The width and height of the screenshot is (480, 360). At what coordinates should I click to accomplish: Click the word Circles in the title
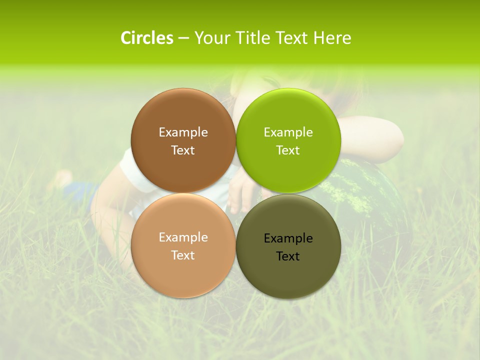pos(146,38)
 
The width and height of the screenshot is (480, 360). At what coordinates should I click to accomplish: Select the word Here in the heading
pos(332,38)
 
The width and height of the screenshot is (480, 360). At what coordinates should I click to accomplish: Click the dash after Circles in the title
pos(183,38)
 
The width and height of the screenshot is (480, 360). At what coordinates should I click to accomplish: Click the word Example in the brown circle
pos(183,132)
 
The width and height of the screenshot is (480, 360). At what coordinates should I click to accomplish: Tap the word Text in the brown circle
pos(183,150)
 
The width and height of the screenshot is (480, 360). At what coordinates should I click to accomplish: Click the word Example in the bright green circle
pos(288,132)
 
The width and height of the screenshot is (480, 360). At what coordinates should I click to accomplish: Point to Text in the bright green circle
pos(288,150)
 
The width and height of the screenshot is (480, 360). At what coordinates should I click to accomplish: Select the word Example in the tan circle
pos(183,237)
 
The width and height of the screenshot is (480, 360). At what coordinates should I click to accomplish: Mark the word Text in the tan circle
pos(183,255)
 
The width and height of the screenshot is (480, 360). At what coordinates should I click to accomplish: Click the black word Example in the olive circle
pos(288,238)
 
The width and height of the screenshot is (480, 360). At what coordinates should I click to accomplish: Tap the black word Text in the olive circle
pos(288,256)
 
